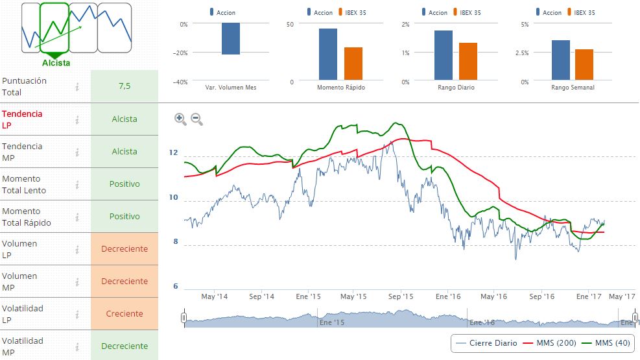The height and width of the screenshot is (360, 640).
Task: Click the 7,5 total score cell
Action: tap(124, 86)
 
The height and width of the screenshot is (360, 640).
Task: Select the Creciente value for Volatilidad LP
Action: tap(124, 313)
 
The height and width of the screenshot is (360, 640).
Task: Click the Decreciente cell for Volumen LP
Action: tap(124, 248)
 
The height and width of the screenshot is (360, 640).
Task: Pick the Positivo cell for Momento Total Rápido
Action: tap(124, 216)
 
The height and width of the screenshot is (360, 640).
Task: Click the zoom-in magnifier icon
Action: tap(180, 119)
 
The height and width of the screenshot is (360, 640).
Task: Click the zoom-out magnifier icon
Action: tap(196, 119)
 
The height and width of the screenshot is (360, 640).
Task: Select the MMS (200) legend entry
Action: tap(545, 342)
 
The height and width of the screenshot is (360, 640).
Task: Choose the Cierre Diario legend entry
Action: tap(487, 342)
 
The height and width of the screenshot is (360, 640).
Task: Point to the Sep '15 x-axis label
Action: tap(401, 296)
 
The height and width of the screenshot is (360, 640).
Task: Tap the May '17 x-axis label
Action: tap(621, 296)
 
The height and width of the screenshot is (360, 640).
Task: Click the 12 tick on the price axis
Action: tap(173, 153)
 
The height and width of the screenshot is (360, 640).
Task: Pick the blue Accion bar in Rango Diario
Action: tap(444, 55)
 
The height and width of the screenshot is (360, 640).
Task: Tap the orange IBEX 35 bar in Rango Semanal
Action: tap(584, 64)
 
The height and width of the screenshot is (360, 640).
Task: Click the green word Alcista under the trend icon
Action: tap(56, 63)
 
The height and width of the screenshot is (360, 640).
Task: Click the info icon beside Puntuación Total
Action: tap(77, 86)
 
